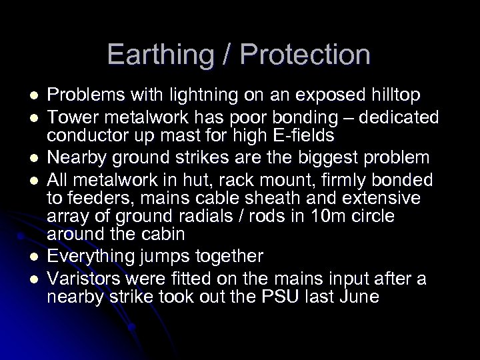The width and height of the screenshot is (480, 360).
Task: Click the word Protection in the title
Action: (307, 55)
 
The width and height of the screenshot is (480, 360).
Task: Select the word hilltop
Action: (387, 96)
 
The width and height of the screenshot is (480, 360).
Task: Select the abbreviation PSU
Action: (286, 297)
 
